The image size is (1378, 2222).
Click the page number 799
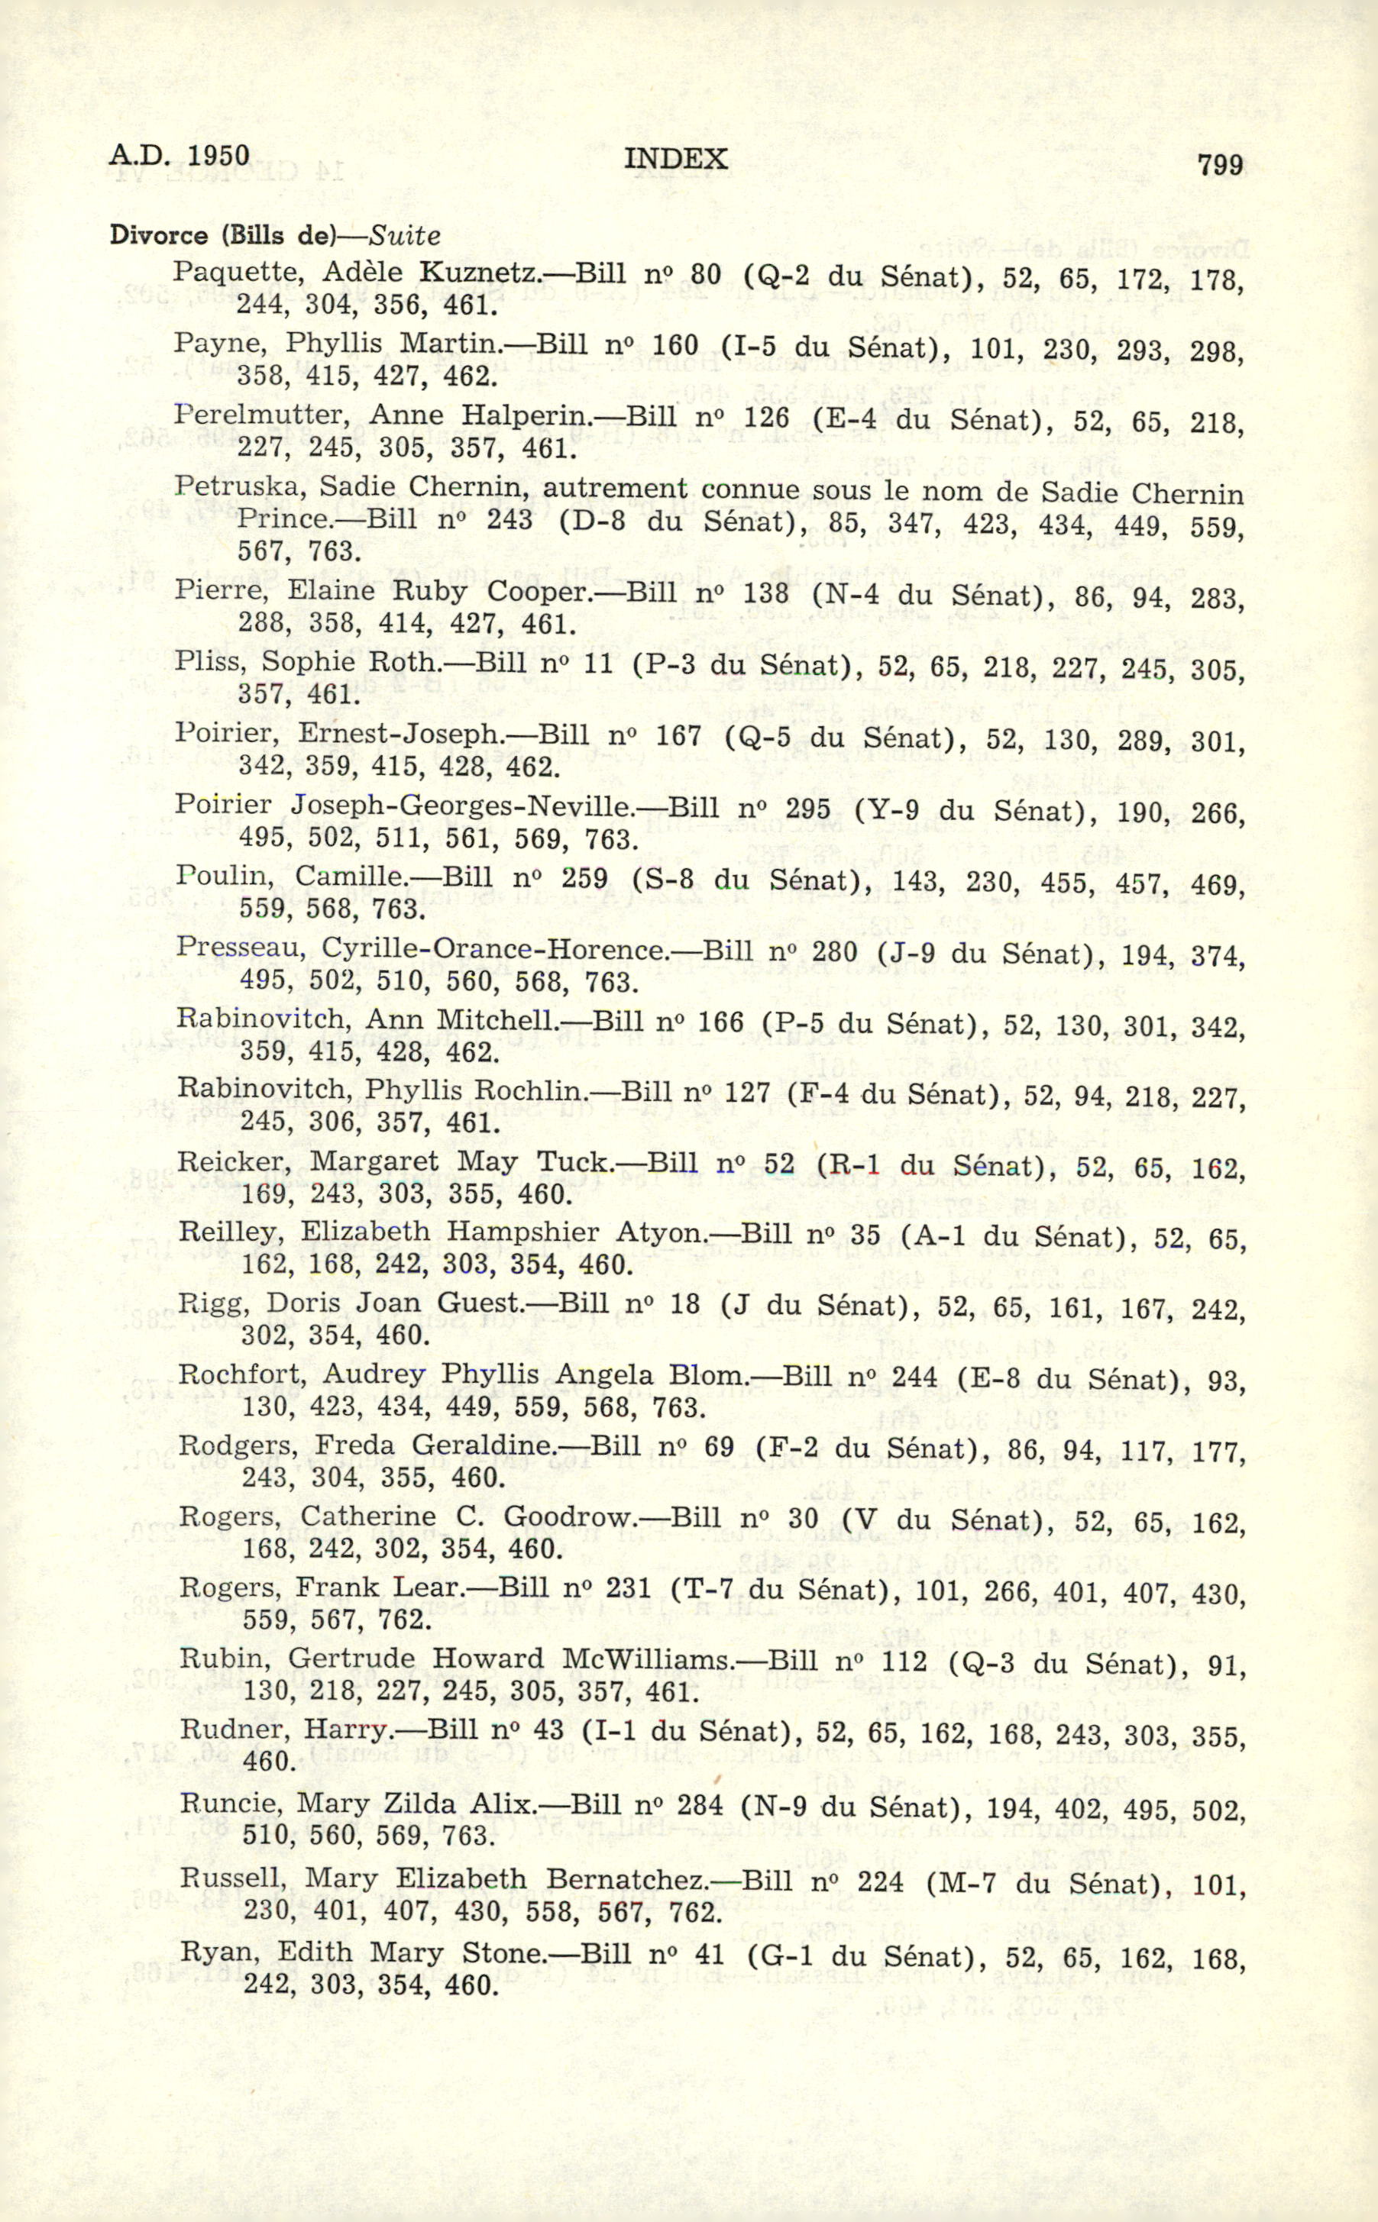[x=1221, y=165]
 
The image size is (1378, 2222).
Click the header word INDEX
[x=675, y=160]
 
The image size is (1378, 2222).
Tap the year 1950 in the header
[x=218, y=156]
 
